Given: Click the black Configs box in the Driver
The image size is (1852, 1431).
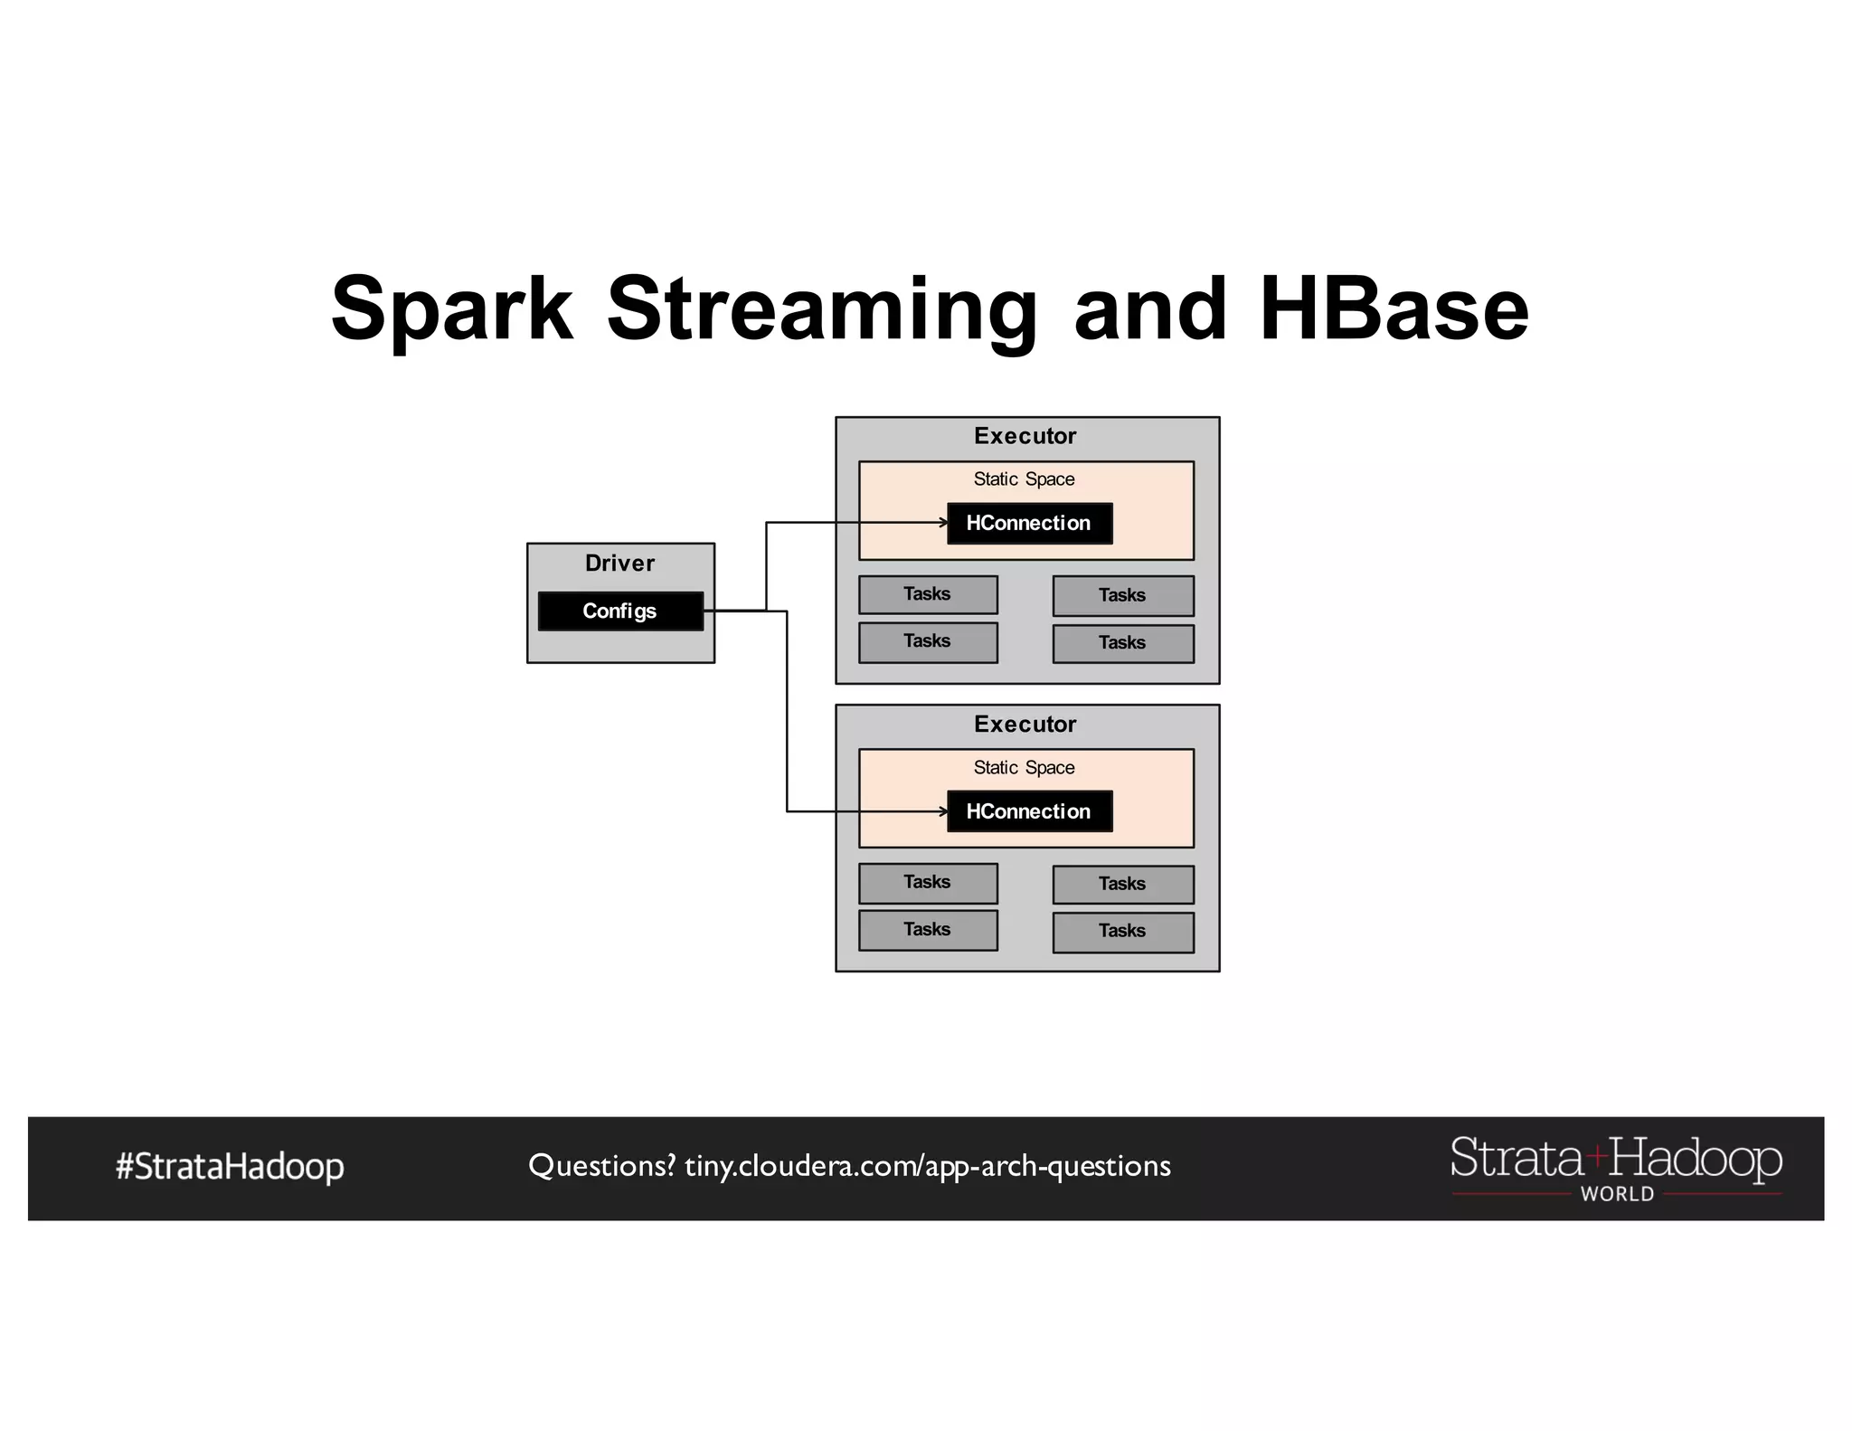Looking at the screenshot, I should click(x=620, y=611).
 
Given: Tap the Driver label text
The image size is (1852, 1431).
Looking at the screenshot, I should click(x=619, y=563).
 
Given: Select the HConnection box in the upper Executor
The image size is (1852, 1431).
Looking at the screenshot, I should click(x=1029, y=523).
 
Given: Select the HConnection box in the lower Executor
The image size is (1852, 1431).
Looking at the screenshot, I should click(x=1029, y=811).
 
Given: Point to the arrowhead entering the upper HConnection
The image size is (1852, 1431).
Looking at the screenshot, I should click(x=943, y=523).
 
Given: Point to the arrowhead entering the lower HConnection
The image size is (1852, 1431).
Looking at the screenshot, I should click(x=943, y=811).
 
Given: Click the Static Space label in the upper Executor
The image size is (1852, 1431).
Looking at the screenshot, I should click(x=1024, y=479).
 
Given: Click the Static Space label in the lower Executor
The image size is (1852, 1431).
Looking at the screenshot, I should click(x=1024, y=767).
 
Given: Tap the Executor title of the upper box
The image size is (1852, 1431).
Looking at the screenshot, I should click(x=1025, y=436).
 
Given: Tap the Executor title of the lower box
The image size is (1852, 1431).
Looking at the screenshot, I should click(x=1025, y=724).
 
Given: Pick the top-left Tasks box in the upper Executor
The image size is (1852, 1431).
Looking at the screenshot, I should click(x=928, y=594).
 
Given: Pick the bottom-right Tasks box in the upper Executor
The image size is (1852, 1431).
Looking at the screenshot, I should click(x=1123, y=643).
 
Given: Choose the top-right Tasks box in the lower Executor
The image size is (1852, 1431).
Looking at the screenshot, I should click(x=1123, y=884).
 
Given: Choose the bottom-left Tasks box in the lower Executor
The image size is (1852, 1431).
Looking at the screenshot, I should click(x=928, y=930).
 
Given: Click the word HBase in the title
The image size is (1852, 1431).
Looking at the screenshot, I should click(x=1393, y=309).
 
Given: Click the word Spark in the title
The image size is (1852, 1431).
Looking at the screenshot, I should click(x=452, y=309).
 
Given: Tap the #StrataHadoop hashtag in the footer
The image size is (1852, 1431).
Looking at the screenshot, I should click(x=230, y=1166).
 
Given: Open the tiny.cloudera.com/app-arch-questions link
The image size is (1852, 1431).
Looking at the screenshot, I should click(x=927, y=1166).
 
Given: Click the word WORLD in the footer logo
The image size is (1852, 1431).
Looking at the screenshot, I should click(x=1617, y=1194).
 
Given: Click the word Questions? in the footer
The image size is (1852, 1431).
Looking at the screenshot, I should click(x=601, y=1166).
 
